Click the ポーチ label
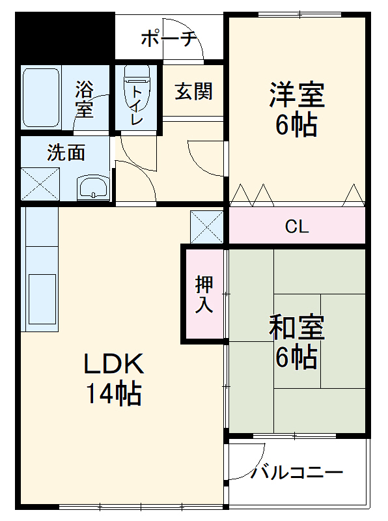[169, 38]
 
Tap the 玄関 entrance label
[193, 91]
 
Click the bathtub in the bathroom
[41, 98]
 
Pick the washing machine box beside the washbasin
[40, 184]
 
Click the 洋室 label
[297, 96]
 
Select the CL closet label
[296, 227]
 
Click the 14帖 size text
[115, 393]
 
